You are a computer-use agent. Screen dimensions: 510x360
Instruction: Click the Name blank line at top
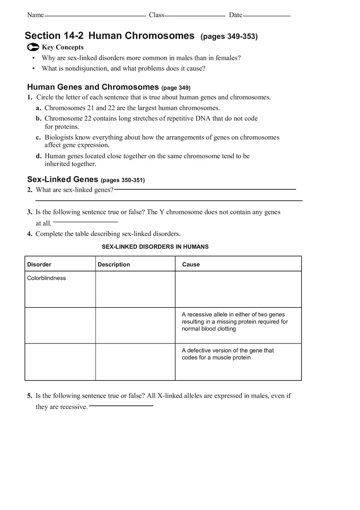pos(94,16)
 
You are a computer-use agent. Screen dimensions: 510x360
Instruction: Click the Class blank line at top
pos(195,16)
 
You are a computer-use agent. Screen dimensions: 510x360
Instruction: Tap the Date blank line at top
pos(266,16)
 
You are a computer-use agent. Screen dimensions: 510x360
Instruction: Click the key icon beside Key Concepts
pos(33,47)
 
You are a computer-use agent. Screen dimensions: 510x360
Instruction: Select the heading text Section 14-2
pos(54,36)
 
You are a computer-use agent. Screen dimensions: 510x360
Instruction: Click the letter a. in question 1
pos(38,108)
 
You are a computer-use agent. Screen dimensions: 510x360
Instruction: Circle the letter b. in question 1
pos(38,119)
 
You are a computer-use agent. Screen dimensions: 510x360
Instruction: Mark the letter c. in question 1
pos(38,137)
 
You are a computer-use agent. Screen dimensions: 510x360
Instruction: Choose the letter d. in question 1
pos(38,156)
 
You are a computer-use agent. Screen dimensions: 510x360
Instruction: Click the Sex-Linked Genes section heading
pos(63,180)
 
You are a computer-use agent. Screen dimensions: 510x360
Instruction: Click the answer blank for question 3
pos(85,222)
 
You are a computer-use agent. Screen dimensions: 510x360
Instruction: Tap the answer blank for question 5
pos(121,406)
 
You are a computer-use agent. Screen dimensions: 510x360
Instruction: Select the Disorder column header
pos(39,265)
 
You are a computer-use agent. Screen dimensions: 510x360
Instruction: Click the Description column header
pos(114,265)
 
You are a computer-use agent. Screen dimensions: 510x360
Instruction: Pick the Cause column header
pos(191,265)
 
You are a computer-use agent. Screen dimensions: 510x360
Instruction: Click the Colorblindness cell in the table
pos(46,278)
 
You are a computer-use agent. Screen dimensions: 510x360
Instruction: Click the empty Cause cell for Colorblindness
pos(238,289)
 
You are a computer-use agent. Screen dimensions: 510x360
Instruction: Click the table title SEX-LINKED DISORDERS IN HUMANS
pos(155,247)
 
